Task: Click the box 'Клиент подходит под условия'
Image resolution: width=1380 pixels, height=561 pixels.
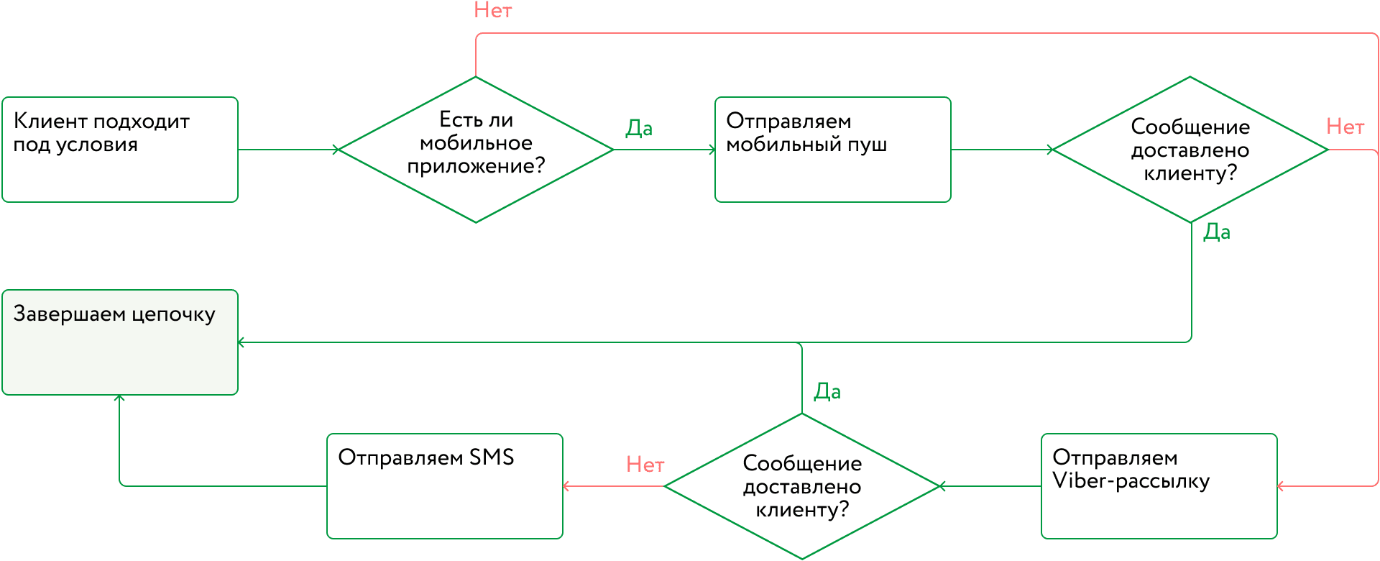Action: coord(120,150)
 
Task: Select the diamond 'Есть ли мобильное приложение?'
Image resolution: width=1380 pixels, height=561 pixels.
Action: coord(476,150)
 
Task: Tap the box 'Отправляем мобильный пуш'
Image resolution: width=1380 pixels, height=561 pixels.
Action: coord(832,150)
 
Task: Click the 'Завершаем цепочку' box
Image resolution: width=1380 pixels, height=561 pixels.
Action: coord(120,342)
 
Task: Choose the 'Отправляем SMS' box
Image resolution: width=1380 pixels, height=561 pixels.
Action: coord(444,486)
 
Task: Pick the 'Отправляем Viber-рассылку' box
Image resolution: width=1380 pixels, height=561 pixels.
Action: coord(1159,486)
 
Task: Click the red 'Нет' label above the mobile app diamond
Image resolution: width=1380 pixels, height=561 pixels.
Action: coord(493,11)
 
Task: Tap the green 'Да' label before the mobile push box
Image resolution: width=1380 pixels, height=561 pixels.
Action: coord(639,129)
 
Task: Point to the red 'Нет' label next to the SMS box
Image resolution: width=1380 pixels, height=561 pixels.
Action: coord(645,465)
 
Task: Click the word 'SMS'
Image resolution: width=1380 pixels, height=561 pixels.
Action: coord(492,457)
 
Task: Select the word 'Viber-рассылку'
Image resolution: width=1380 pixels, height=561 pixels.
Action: coord(1131,481)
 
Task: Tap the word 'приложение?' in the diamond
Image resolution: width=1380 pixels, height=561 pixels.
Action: coord(476,167)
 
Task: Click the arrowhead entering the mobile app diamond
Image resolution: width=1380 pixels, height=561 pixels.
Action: coord(336,150)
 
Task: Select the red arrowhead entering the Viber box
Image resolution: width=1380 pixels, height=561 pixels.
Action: coord(1281,486)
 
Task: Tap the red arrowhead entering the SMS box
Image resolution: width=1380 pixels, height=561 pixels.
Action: coord(566,486)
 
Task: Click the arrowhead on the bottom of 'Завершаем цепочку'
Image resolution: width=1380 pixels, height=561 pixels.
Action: coord(119,398)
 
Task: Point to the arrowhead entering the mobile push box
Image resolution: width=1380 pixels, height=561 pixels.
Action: coord(712,150)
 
